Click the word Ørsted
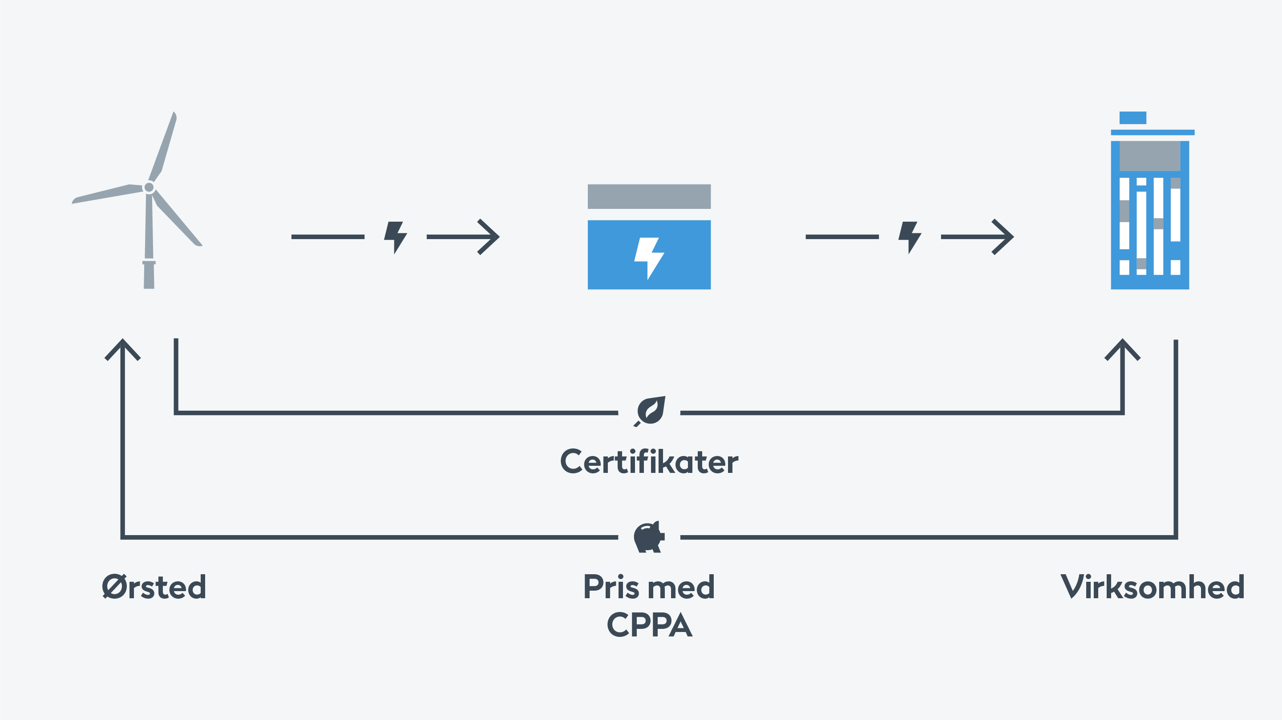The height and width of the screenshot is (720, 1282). tap(154, 587)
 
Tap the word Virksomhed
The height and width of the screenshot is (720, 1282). tap(1153, 587)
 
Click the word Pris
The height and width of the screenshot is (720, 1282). tap(618, 587)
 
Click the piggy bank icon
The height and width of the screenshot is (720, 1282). tap(649, 537)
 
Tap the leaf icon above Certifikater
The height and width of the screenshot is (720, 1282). tap(650, 411)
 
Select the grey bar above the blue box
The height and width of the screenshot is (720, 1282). tap(649, 196)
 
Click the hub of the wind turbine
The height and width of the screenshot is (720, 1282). tap(149, 188)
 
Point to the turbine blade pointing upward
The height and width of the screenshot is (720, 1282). tap(163, 146)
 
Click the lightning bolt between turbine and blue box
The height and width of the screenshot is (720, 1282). tap(396, 238)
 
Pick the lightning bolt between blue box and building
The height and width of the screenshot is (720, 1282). tap(910, 238)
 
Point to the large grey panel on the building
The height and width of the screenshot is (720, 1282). tap(1150, 156)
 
